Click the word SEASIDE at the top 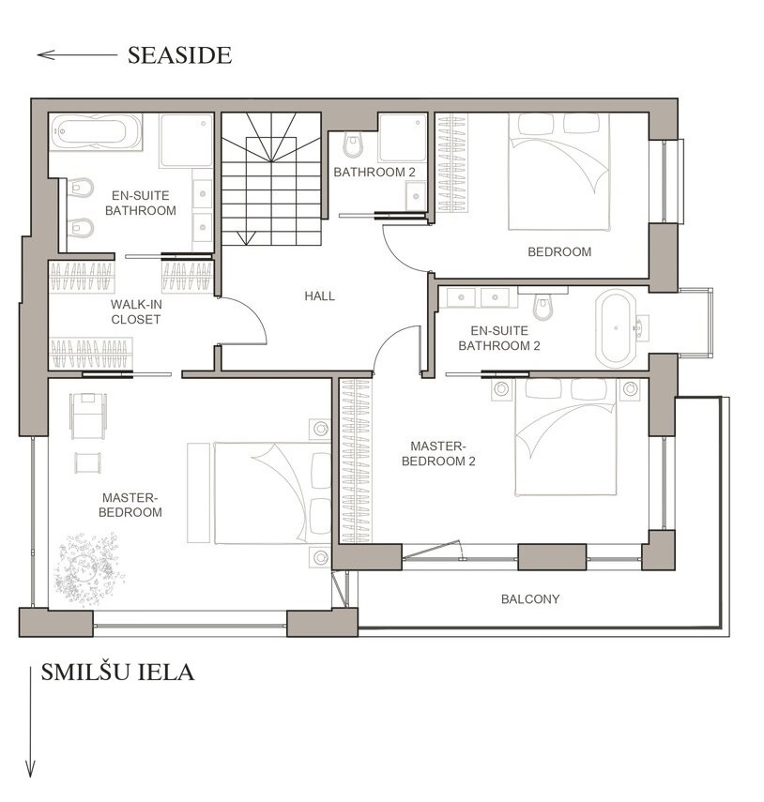coord(179,55)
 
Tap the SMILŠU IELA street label coord(117,672)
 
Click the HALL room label coord(319,295)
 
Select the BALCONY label coord(530,599)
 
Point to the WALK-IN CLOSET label coord(136,312)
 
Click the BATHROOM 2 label coord(374,173)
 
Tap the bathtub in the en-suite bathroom coord(96,131)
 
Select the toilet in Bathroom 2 coord(353,145)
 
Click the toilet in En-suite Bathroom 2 coord(542,306)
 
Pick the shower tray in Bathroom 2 coord(403,138)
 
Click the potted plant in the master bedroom coord(88,568)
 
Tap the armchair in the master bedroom coord(88,415)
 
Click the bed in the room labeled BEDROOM coord(558,172)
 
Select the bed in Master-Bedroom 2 coord(565,437)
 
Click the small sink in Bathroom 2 coord(416,196)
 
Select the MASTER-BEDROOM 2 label coord(438,454)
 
